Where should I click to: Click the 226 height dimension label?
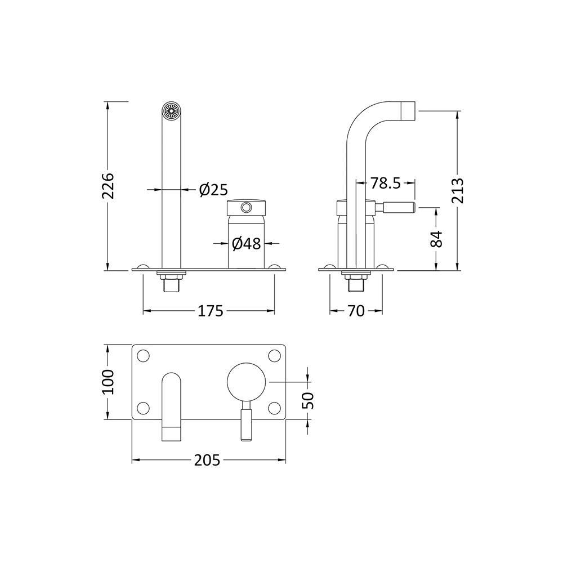(109, 185)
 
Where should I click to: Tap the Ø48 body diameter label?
(246, 244)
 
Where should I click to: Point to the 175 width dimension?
(209, 311)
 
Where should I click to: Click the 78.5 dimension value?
(385, 183)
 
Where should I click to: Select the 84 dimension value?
(437, 239)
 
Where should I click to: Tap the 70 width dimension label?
(356, 311)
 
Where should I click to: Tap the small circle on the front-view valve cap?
(245, 208)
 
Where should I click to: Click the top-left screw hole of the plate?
(144, 356)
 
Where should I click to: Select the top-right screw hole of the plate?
(274, 356)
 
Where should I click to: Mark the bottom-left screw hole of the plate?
(144, 407)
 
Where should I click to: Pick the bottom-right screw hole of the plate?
(274, 407)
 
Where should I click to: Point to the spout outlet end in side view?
(408, 110)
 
